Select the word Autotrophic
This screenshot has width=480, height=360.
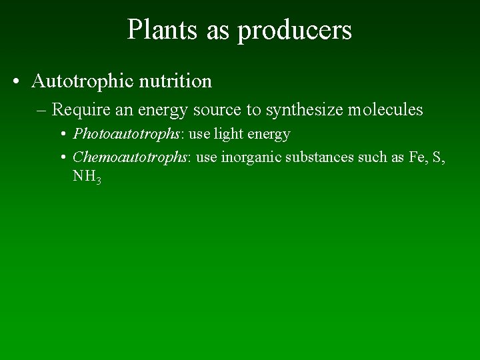point(83,81)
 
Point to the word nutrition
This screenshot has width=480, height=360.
point(175,81)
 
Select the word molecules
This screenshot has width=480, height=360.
point(385,109)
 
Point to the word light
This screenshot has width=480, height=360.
point(229,134)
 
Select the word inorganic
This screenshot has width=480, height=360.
point(251,157)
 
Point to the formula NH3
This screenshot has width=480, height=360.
point(87,177)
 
